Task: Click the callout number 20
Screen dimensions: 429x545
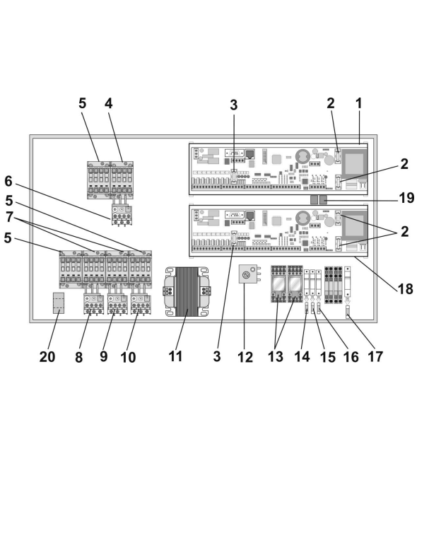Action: [x=47, y=357]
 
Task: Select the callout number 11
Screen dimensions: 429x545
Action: [x=175, y=356]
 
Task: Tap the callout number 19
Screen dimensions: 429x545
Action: [x=406, y=198]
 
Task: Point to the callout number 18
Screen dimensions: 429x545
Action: [x=406, y=289]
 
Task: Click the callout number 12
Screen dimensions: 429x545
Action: [x=245, y=357]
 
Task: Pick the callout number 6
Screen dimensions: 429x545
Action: [x=8, y=182]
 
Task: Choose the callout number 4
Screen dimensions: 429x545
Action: [x=108, y=104]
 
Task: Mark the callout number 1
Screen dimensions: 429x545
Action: [x=359, y=103]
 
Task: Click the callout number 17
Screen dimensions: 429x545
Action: [x=375, y=357]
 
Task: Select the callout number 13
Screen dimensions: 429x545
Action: [x=276, y=356]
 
